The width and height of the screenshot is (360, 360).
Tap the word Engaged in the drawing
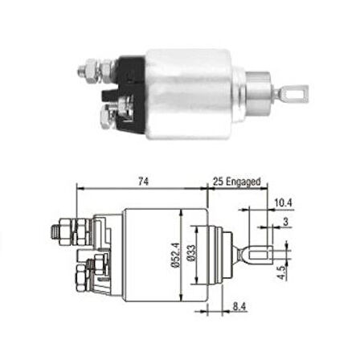click(x=244, y=184)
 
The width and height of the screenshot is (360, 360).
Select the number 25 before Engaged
click(x=219, y=184)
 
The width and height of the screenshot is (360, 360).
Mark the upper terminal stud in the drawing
click(x=61, y=233)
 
